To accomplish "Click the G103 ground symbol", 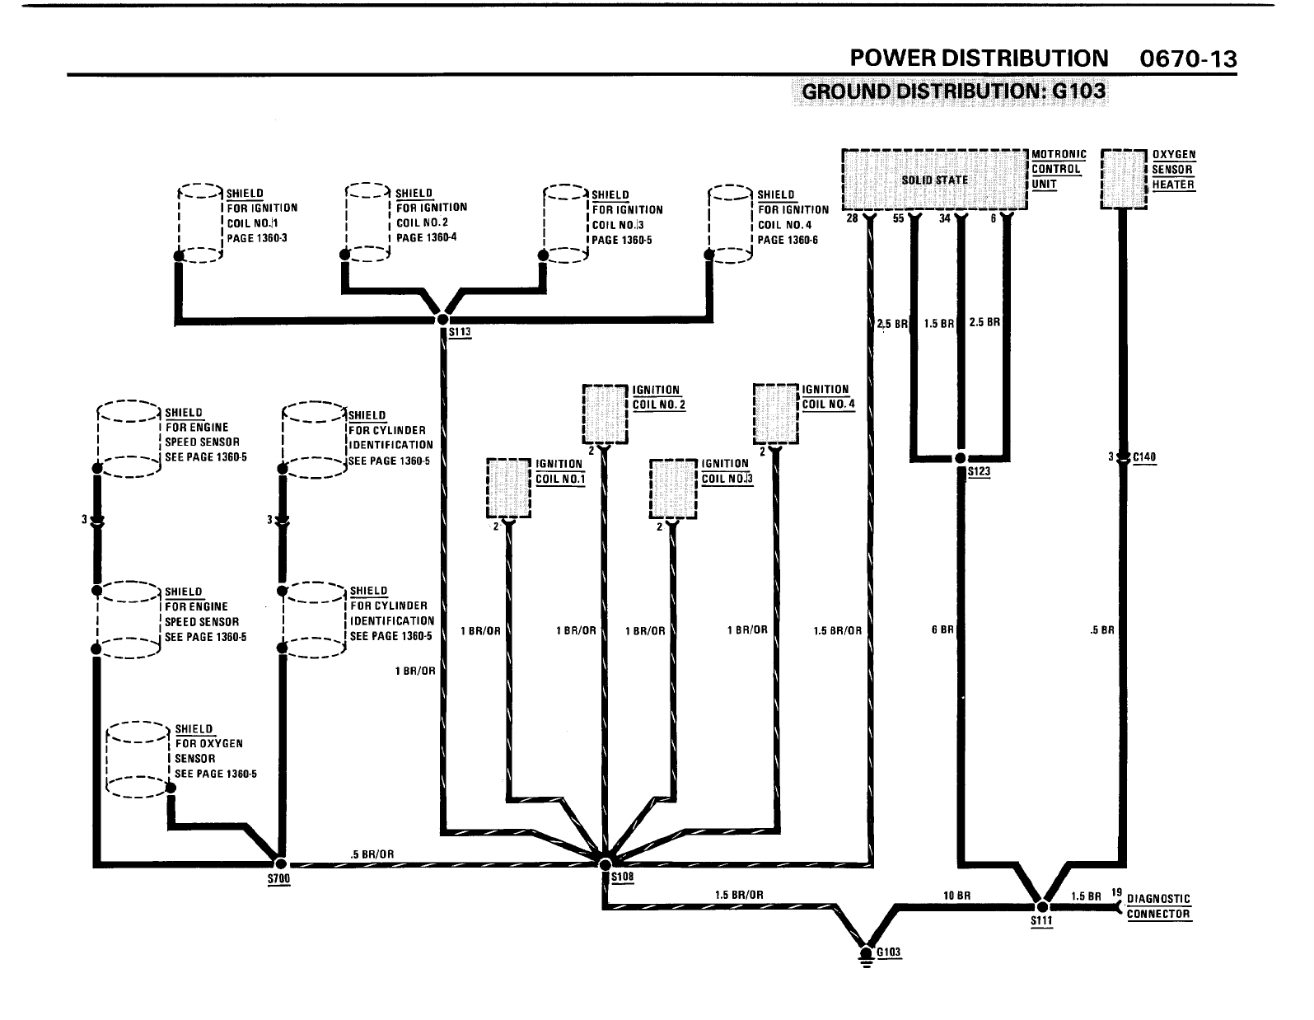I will [866, 955].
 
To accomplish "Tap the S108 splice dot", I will [605, 864].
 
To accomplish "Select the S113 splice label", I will [459, 333].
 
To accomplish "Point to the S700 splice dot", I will [280, 863].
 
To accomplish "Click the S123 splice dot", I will [960, 458].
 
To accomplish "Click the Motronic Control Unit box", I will [934, 180].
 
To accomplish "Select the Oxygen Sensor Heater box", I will [1125, 179].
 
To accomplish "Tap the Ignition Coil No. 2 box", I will [605, 414].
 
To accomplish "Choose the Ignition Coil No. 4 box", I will [776, 414].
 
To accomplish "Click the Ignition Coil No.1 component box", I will [509, 488].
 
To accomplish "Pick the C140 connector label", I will [1144, 458].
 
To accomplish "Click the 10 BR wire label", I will [956, 895].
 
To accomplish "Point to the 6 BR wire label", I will [942, 630].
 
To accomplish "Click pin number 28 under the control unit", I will [852, 219].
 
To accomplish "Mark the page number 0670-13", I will [1187, 59].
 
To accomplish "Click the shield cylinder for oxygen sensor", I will [138, 760].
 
